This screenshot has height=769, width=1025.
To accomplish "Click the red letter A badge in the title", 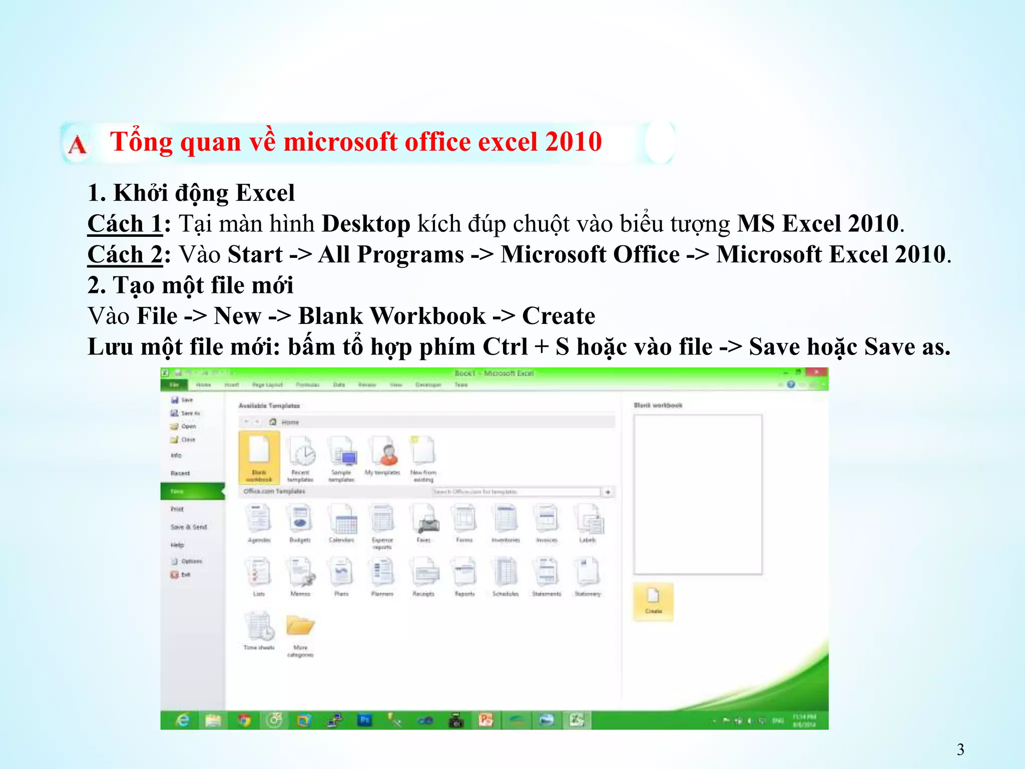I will coord(77,145).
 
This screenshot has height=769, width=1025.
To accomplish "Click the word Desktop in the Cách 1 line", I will coord(366,223).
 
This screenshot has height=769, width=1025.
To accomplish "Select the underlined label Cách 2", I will coord(125,254).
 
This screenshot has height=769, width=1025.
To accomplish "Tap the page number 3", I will coord(960,749).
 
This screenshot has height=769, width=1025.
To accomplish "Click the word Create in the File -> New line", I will coord(559,316).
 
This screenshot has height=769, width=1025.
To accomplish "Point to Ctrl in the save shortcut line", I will coord(505,346).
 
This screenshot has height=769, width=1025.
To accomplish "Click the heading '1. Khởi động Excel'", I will coord(191,193).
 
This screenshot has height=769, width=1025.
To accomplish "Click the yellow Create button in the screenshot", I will coord(653,601).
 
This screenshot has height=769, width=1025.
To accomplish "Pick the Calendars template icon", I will coord(342,521).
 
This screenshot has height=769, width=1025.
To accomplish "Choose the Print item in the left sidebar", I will coord(177,509).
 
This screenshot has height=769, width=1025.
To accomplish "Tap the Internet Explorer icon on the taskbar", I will coord(183,720).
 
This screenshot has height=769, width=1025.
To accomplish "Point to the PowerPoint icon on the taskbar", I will coord(485,720).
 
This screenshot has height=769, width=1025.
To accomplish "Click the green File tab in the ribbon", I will coord(174,384).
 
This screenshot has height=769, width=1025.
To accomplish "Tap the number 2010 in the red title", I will coord(574,142).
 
